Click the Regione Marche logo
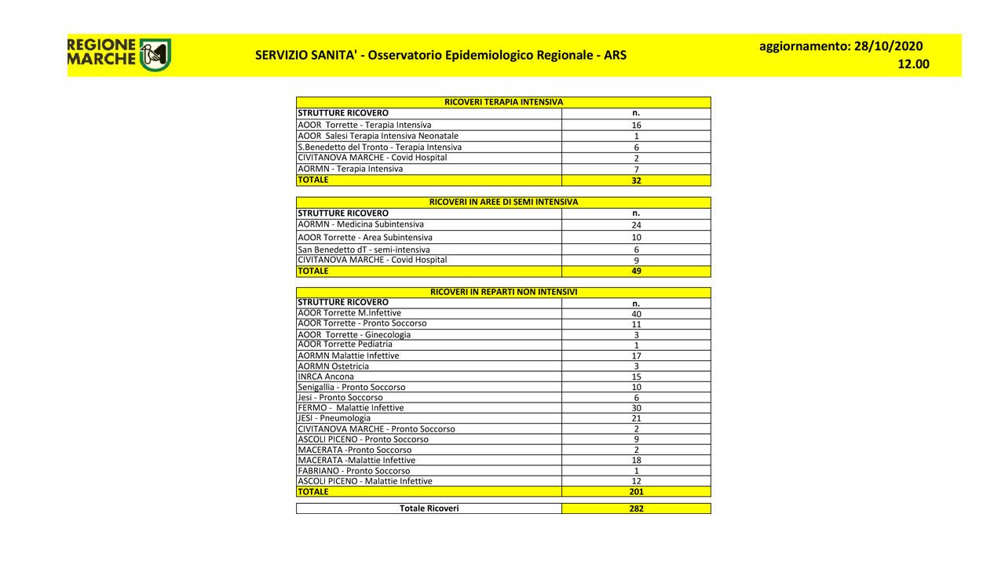click(x=119, y=54)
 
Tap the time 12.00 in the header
click(x=913, y=64)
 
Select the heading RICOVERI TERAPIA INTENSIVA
click(x=503, y=102)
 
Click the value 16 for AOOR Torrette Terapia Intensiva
click(x=636, y=125)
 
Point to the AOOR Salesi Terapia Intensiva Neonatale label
click(x=378, y=136)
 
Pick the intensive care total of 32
click(x=636, y=180)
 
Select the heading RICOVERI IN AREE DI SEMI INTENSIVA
click(x=503, y=202)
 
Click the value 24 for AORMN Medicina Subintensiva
click(x=636, y=225)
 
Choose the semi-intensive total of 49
click(x=636, y=272)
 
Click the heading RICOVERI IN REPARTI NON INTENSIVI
click(x=503, y=292)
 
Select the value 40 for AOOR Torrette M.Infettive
click(x=636, y=314)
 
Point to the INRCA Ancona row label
click(x=326, y=377)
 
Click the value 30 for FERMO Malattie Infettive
click(x=636, y=408)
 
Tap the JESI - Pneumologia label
click(x=334, y=418)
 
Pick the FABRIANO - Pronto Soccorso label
click(x=353, y=471)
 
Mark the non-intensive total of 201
click(x=636, y=492)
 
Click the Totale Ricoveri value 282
click(x=636, y=508)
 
